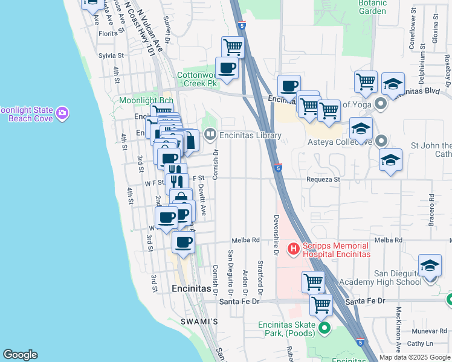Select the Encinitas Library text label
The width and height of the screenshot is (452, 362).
250,136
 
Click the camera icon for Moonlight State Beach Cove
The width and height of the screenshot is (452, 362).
62,113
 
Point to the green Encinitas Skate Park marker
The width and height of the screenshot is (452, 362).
324,328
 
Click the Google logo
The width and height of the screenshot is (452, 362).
20,355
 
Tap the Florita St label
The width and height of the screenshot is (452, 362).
111,34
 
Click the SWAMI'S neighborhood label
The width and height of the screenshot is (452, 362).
199,322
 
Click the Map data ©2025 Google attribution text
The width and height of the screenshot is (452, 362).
415,357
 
